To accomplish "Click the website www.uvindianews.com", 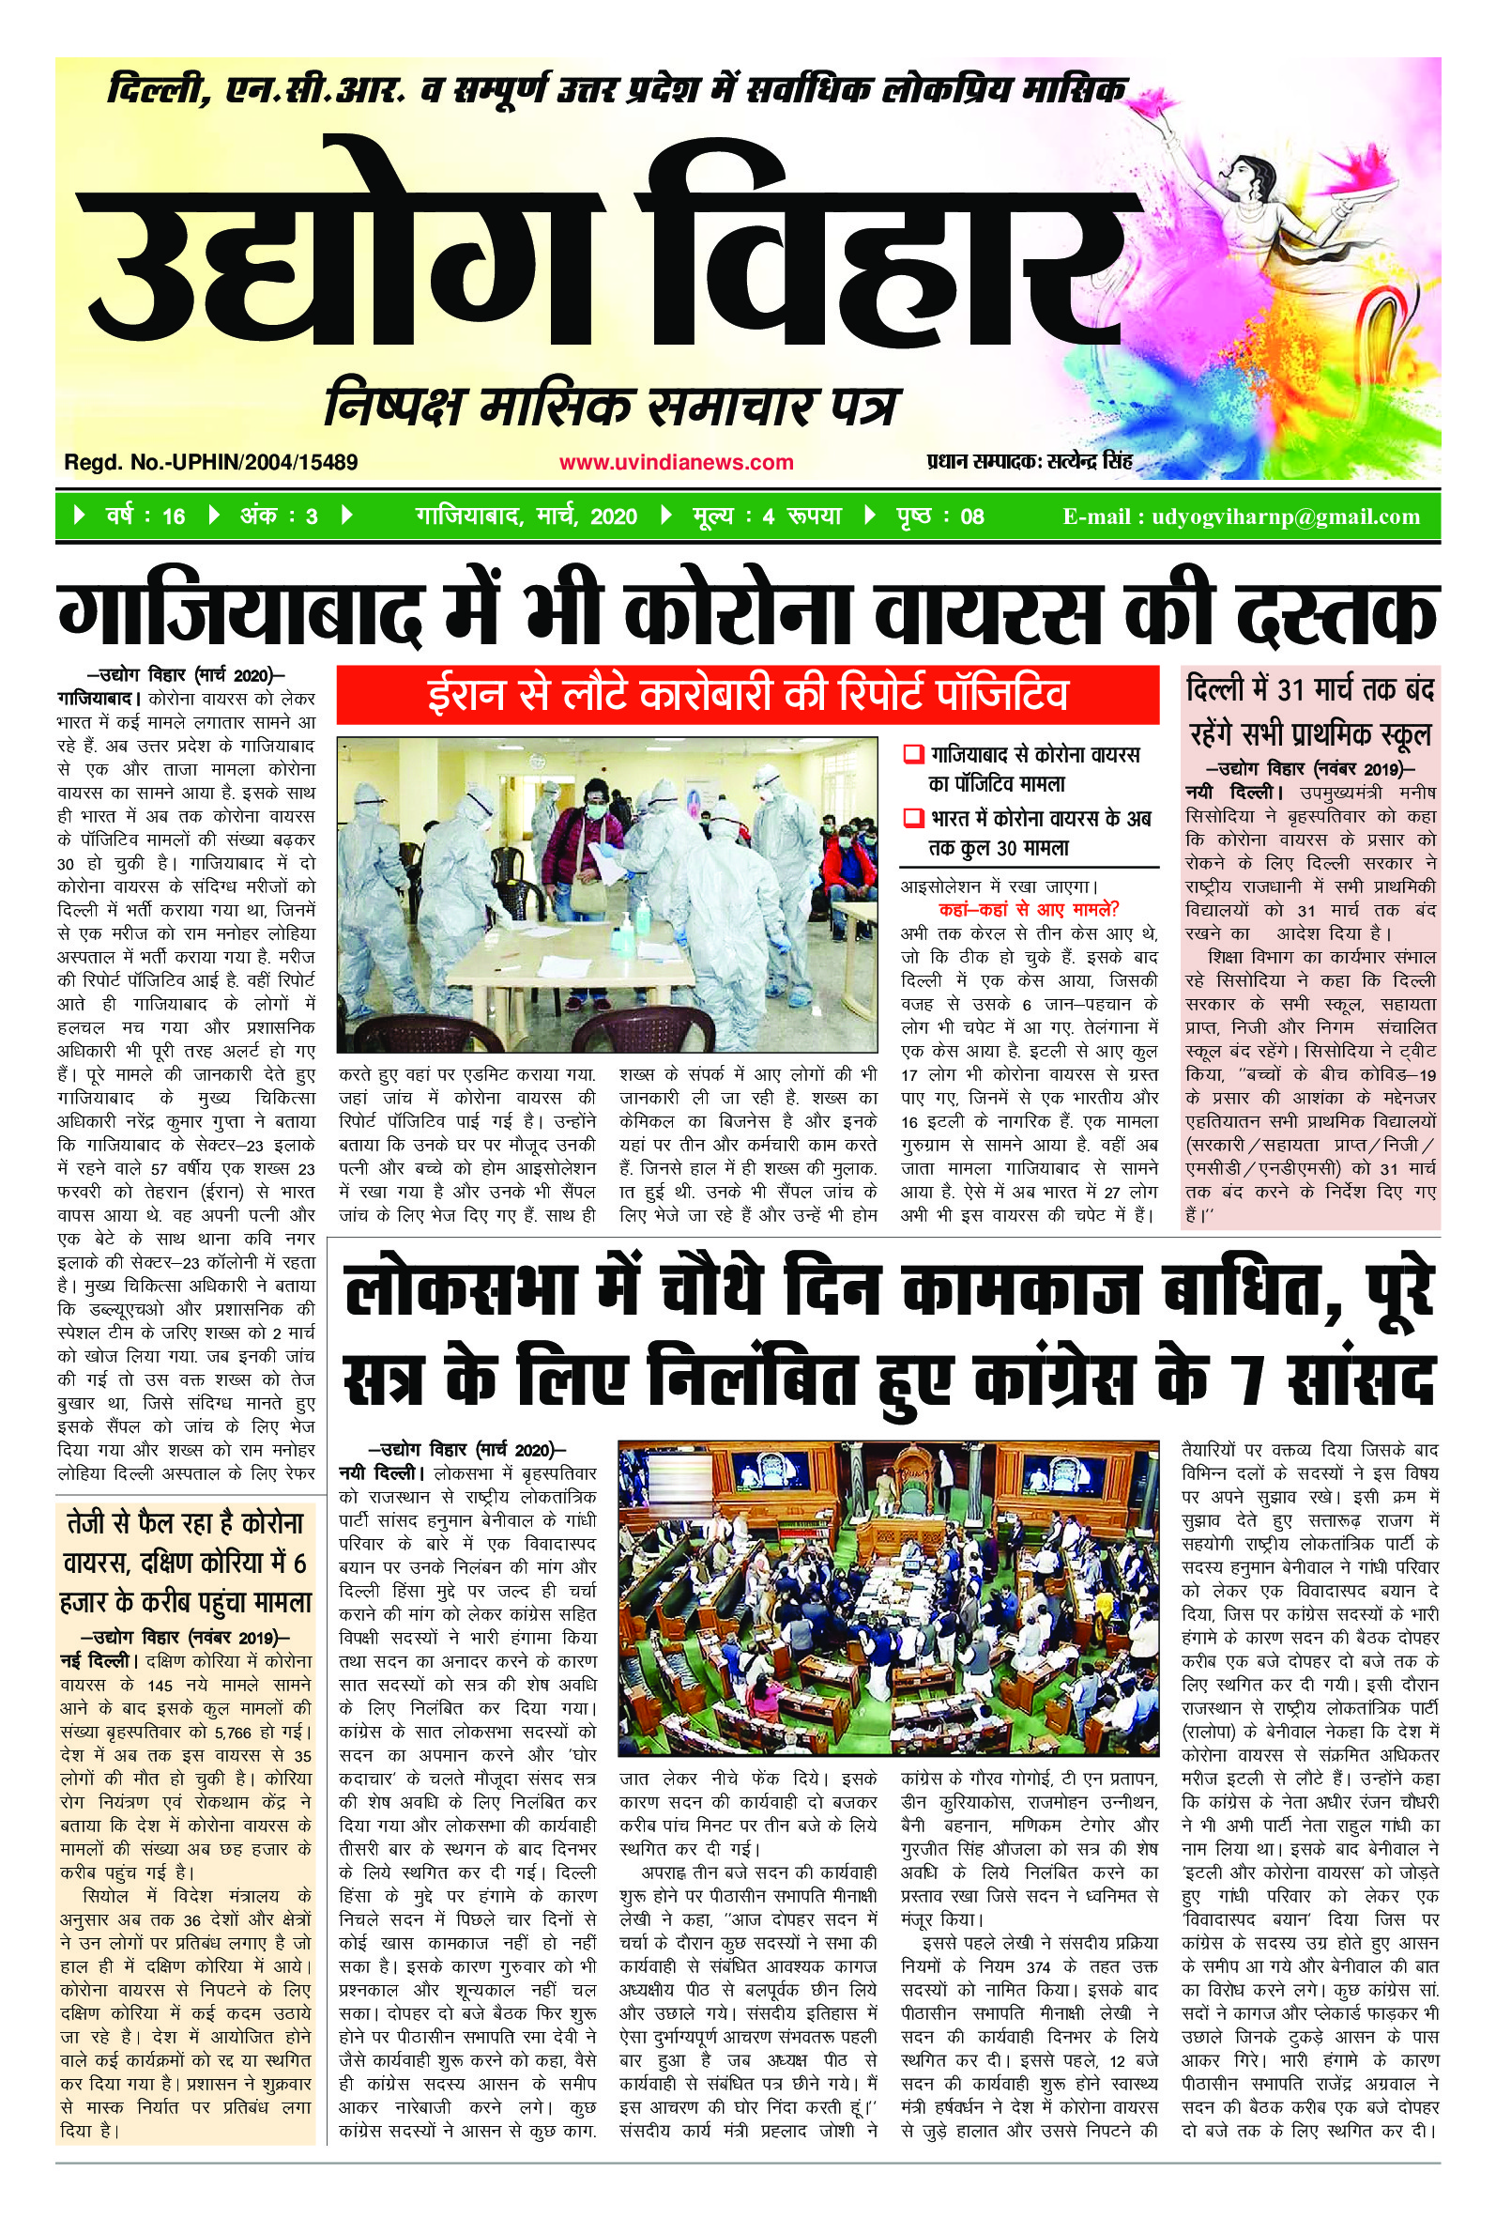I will pos(676,463).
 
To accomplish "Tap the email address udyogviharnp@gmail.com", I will pos(1285,516).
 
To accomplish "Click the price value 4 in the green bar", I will pos(768,516).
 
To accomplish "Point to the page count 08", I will pos(971,516).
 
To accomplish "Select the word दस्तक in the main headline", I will pos(1336,615).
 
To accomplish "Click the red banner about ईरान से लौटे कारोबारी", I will pos(748,695).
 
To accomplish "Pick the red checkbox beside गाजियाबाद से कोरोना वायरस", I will pos(912,755).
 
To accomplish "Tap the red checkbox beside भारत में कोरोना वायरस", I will pos(912,818).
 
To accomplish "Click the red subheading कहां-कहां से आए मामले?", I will pos(1029,909).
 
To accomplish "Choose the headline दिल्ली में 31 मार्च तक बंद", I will pos(1311,689).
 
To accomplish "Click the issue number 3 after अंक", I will pos(311,516).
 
